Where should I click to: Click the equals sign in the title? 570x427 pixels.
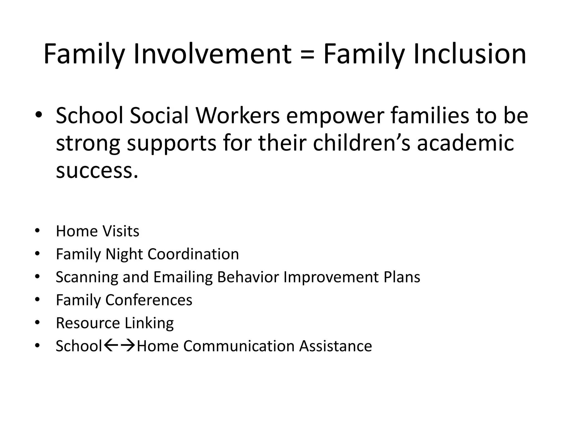(x=307, y=55)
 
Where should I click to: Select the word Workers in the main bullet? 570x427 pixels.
(x=238, y=116)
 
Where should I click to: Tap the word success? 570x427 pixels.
(x=97, y=170)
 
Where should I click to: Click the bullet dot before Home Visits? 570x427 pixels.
(x=38, y=231)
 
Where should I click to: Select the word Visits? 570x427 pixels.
(x=121, y=231)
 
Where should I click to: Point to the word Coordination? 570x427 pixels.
(x=193, y=254)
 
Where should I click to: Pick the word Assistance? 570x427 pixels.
(x=336, y=346)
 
